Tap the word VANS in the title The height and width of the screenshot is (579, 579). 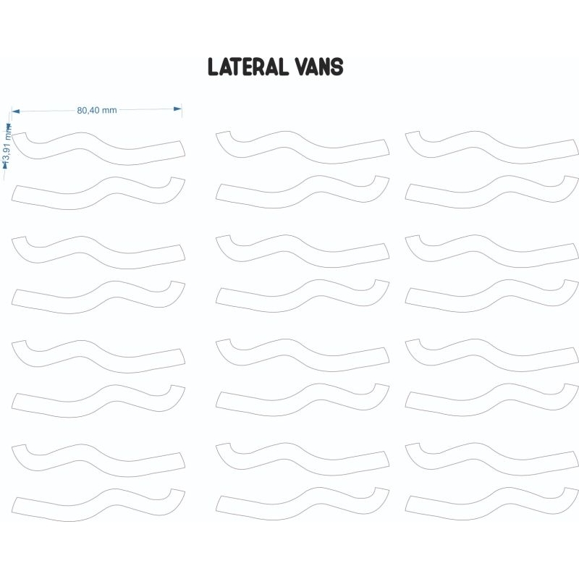pyautogui.click(x=319, y=67)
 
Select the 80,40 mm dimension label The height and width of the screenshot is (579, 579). pyautogui.click(x=97, y=110)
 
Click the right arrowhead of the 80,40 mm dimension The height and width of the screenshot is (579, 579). pyautogui.click(x=177, y=109)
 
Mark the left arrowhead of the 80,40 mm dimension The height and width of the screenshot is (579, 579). pyautogui.click(x=16, y=111)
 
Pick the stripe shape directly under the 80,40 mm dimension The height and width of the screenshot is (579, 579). pyautogui.click(x=98, y=148)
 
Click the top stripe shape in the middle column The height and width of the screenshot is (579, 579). pyautogui.click(x=303, y=147)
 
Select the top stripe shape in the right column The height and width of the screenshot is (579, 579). pyautogui.click(x=492, y=147)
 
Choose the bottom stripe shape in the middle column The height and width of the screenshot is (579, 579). pyautogui.click(x=303, y=504)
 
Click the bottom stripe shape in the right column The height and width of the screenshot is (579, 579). pyautogui.click(x=492, y=504)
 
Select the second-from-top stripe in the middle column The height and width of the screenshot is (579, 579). pyautogui.click(x=303, y=193)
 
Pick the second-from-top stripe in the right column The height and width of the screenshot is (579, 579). pyautogui.click(x=492, y=193)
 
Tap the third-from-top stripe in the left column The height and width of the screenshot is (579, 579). pyautogui.click(x=98, y=252)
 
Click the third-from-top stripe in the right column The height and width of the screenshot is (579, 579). pyautogui.click(x=492, y=250)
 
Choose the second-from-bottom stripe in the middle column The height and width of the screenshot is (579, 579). pyautogui.click(x=303, y=458)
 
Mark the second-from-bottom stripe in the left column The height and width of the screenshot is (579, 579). pyautogui.click(x=98, y=460)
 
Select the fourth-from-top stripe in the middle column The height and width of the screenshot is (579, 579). pyautogui.click(x=303, y=297)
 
